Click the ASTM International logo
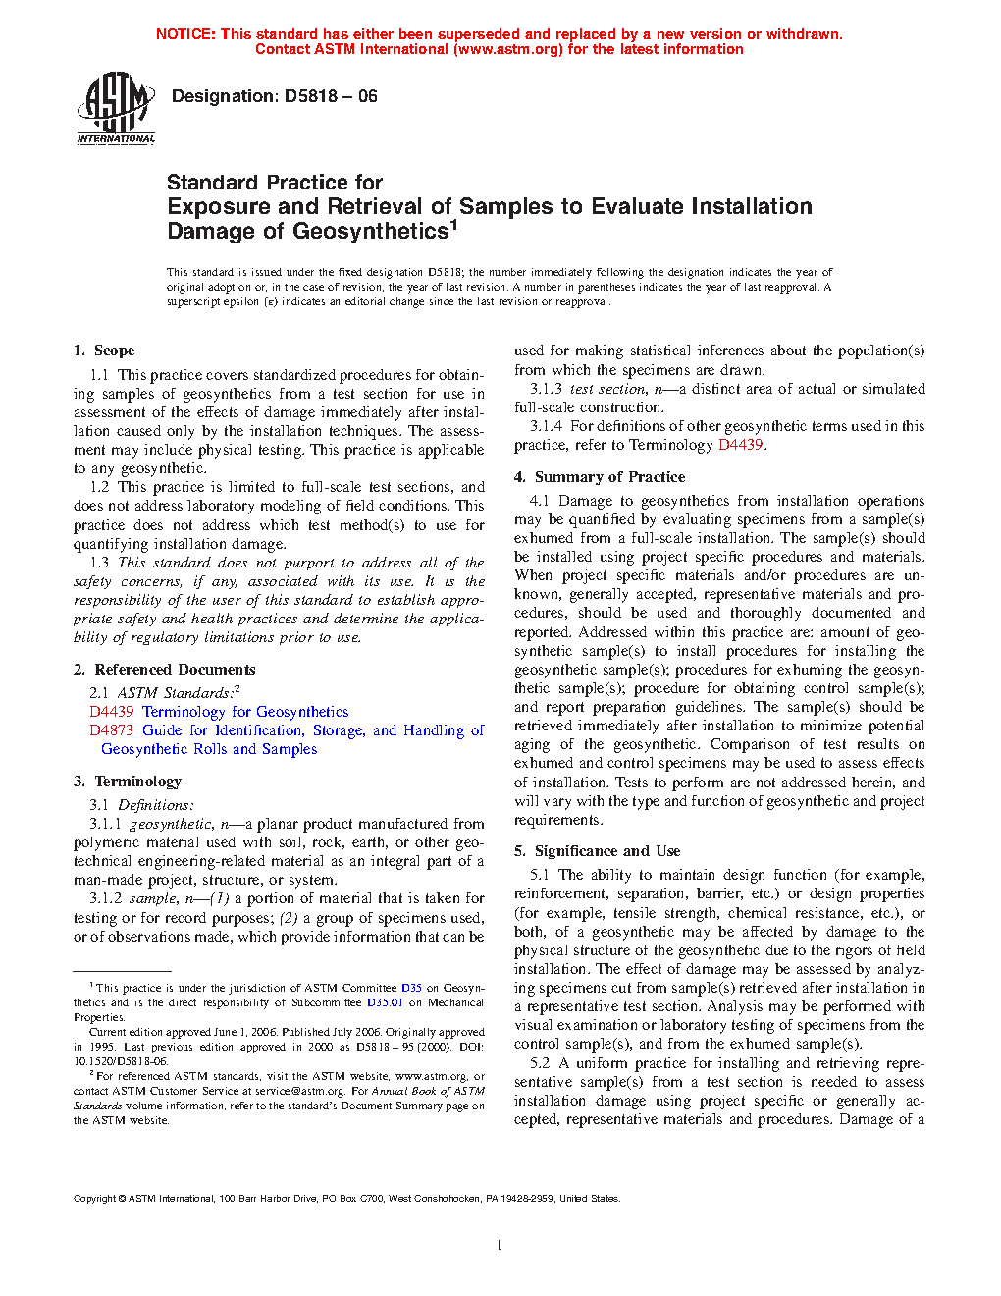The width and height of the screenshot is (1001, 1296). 116,108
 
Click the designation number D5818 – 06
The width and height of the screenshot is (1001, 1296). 330,96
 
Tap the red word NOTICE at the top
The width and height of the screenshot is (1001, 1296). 185,34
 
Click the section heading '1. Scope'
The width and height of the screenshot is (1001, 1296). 104,351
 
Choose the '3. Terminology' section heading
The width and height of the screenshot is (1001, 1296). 128,782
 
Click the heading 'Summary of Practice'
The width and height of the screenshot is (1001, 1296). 609,477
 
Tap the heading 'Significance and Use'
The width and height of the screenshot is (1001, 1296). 607,851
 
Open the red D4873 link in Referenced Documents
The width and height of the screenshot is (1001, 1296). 111,730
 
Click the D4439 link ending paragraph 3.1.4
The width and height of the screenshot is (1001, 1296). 740,445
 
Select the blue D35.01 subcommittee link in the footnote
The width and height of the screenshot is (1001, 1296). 385,1002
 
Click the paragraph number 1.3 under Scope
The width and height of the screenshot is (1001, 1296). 99,563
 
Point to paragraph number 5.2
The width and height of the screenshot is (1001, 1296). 540,1063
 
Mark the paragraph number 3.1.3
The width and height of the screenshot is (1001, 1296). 546,389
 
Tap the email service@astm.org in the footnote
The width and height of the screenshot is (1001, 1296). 299,1091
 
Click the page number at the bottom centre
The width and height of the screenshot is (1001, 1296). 500,1246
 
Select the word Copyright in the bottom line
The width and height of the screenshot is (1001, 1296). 94,1199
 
